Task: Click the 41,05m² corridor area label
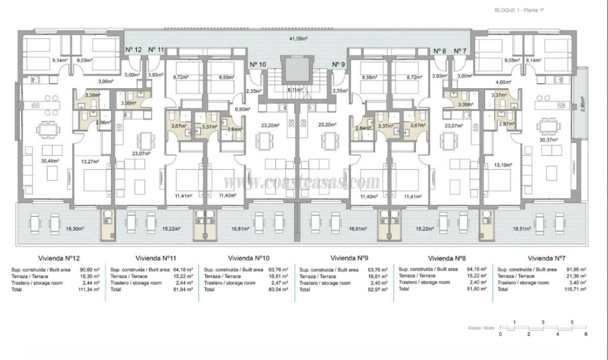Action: click(x=298, y=39)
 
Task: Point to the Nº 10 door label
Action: click(x=258, y=64)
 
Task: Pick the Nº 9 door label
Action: click(x=338, y=64)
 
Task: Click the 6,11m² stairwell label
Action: click(x=295, y=90)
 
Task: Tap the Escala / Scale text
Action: click(x=480, y=328)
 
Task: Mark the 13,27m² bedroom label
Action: click(x=89, y=162)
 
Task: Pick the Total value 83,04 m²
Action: click(x=278, y=289)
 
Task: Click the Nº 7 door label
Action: click(x=460, y=51)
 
